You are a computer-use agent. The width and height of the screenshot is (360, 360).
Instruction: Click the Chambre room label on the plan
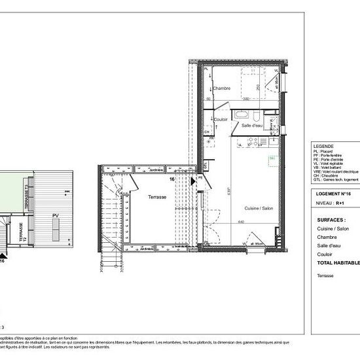221,88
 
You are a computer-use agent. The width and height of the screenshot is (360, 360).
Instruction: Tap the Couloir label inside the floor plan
221,119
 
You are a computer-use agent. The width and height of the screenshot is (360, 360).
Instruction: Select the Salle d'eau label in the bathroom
252,124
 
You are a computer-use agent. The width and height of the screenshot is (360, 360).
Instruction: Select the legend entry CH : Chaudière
327,175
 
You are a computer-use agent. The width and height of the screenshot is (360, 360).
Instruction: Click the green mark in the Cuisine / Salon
270,158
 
